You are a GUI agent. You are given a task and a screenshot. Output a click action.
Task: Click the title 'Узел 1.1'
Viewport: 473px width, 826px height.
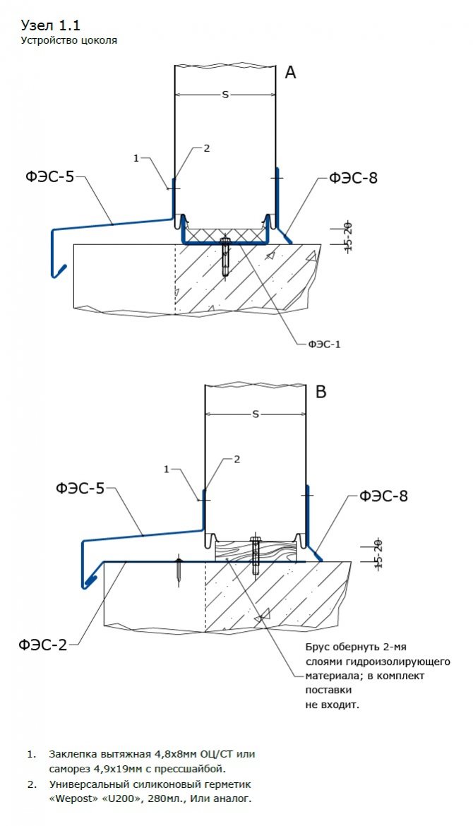pyautogui.click(x=51, y=25)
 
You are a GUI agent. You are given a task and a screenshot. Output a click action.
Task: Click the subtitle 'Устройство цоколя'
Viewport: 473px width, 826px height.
pyautogui.click(x=68, y=40)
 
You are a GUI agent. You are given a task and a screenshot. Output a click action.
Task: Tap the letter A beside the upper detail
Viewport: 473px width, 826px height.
pyautogui.click(x=291, y=72)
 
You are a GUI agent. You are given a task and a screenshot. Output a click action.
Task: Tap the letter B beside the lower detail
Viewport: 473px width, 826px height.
pyautogui.click(x=321, y=392)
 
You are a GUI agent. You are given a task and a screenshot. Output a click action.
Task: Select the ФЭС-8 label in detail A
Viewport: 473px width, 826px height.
pyautogui.click(x=353, y=178)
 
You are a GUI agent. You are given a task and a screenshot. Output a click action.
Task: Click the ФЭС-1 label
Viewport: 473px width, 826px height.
pyautogui.click(x=324, y=344)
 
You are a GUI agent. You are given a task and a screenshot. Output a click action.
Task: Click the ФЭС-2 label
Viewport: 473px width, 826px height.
pyautogui.click(x=43, y=644)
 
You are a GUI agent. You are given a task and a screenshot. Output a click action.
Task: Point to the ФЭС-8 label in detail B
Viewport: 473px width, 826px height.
pyautogui.click(x=383, y=496)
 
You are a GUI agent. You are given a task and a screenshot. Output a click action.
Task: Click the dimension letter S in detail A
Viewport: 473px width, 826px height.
pyautogui.click(x=225, y=94)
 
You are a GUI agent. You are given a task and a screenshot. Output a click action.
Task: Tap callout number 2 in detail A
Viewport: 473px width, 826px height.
pyautogui.click(x=207, y=148)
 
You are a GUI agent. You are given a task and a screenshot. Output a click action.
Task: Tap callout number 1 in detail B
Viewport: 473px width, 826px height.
pyautogui.click(x=167, y=469)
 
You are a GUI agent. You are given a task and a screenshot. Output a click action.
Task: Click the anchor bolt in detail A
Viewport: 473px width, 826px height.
pyautogui.click(x=224, y=257)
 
